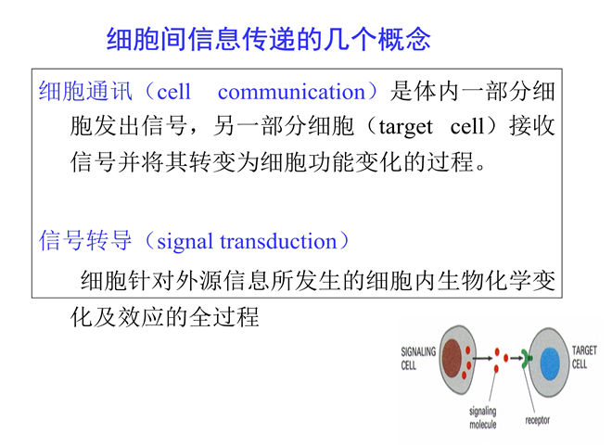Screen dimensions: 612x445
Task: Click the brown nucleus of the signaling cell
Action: [x=452, y=359]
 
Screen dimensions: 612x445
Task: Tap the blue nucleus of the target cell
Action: [x=550, y=363]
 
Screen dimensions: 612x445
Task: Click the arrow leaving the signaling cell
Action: [x=482, y=358]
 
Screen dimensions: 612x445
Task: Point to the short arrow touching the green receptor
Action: [x=516, y=358]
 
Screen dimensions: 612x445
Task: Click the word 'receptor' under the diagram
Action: [x=537, y=420]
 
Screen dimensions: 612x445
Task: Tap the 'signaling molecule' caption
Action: [x=483, y=418]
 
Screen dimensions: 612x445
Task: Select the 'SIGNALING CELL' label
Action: [x=418, y=359]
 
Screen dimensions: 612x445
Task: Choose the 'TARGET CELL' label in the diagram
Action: [x=584, y=357]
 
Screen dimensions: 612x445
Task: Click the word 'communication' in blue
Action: [x=291, y=92]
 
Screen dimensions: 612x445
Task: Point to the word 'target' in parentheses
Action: [x=405, y=127]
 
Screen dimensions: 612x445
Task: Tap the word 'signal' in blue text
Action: [x=185, y=242]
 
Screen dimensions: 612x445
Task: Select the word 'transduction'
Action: [x=279, y=241]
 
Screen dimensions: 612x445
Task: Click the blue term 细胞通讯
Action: [x=85, y=92]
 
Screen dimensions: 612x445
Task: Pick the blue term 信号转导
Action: [x=85, y=240]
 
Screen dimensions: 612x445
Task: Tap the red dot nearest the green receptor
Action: [x=506, y=358]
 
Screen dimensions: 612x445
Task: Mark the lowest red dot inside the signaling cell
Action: [x=464, y=375]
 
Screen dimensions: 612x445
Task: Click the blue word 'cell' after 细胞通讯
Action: [x=173, y=92]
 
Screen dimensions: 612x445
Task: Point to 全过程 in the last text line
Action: [x=223, y=317]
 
